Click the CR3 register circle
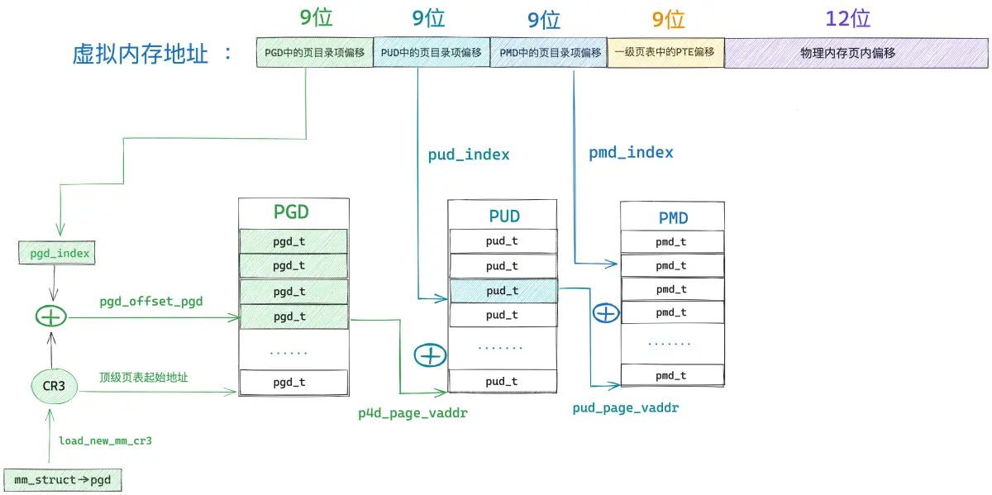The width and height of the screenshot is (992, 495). (54, 386)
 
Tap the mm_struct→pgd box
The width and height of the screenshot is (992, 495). (63, 480)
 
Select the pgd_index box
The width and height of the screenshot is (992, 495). (57, 253)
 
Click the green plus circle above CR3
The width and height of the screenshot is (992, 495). (51, 317)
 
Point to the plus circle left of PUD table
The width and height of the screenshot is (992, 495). (430, 355)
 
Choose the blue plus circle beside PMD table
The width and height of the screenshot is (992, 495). (606, 313)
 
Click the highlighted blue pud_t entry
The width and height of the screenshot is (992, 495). (503, 290)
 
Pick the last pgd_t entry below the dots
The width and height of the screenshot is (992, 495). (293, 382)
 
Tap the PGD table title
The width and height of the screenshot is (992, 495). (291, 212)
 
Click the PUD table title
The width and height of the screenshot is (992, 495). (504, 216)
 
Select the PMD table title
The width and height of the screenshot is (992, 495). (673, 218)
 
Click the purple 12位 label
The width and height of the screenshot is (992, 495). (847, 19)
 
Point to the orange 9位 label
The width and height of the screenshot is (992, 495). (668, 20)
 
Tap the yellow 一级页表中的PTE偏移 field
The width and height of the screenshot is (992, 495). (665, 53)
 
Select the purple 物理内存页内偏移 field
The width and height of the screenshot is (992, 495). (856, 53)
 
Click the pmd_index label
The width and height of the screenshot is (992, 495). (631, 153)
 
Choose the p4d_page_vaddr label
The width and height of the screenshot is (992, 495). (413, 413)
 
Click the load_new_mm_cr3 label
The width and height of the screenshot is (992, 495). (106, 440)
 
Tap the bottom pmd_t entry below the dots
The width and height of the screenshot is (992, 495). (672, 375)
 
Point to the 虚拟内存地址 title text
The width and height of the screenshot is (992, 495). (140, 54)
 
